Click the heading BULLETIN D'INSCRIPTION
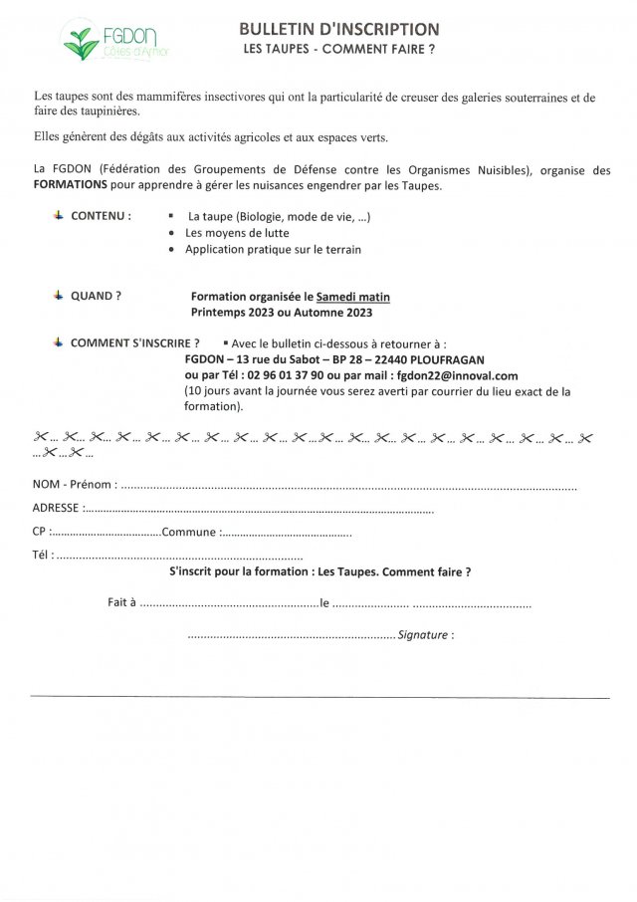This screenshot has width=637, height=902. pyautogui.click(x=339, y=30)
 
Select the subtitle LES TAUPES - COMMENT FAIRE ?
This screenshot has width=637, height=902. pyautogui.click(x=339, y=49)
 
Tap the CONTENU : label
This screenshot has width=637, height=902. pyautogui.click(x=101, y=215)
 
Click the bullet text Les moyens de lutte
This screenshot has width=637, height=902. pyautogui.click(x=237, y=233)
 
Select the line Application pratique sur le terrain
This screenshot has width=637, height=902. pyautogui.click(x=273, y=249)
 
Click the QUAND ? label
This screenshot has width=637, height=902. pyautogui.click(x=96, y=296)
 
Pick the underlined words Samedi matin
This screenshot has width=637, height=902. pyautogui.click(x=353, y=297)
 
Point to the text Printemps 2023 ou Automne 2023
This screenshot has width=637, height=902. pyautogui.click(x=282, y=313)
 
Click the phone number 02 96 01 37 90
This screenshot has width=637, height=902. pyautogui.click(x=289, y=375)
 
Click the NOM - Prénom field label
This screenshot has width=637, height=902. pyautogui.click(x=75, y=485)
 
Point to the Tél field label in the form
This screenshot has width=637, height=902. pyautogui.click(x=43, y=556)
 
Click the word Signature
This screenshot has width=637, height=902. pyautogui.click(x=422, y=634)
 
